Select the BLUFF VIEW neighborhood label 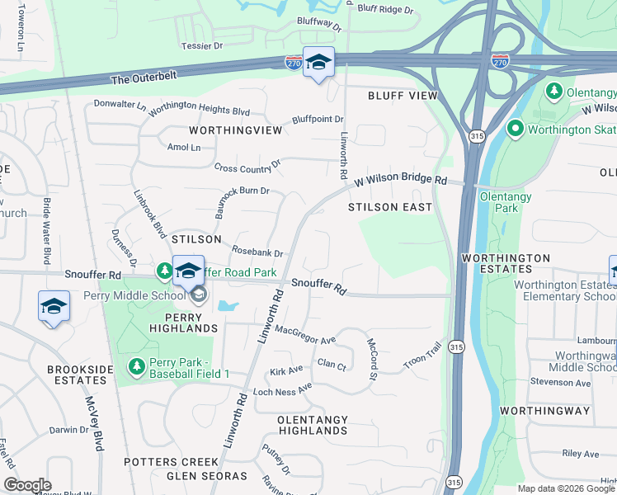pyautogui.click(x=403, y=96)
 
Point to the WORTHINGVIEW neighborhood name pyautogui.click(x=235, y=130)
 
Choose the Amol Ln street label pyautogui.click(x=183, y=147)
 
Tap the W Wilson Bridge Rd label pyautogui.click(x=401, y=179)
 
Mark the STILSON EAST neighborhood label pyautogui.click(x=390, y=207)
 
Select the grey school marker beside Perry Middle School pyautogui.click(x=198, y=295)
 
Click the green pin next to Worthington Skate pyautogui.click(x=516, y=129)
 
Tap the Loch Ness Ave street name pyautogui.click(x=282, y=389)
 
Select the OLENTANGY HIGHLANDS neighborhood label pyautogui.click(x=313, y=425)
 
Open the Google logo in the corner pyautogui.click(x=27, y=485)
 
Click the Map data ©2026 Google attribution pyautogui.click(x=566, y=488)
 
